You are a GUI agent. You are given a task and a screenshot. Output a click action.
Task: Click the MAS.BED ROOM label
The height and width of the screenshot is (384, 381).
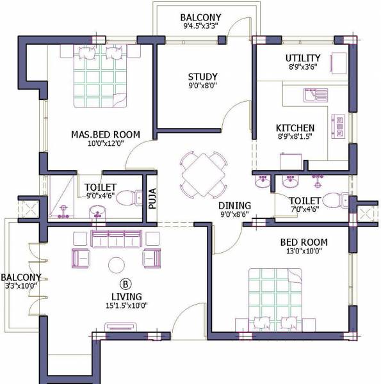(x=97, y=135)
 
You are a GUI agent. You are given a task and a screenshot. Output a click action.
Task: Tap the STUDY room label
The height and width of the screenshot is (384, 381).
(x=202, y=76)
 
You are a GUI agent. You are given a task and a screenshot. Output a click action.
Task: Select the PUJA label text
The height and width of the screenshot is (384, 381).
(x=152, y=198)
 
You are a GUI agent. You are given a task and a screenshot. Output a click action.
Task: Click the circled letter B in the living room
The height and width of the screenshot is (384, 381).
(x=125, y=283)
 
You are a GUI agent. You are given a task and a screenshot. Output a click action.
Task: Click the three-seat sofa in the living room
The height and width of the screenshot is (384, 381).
(x=117, y=239)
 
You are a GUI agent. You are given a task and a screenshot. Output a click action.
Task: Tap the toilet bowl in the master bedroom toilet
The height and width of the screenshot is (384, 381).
(x=130, y=197)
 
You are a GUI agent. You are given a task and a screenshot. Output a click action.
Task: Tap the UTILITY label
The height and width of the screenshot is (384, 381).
(x=302, y=59)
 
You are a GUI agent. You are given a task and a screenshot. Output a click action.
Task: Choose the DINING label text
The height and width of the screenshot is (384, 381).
(x=234, y=205)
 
